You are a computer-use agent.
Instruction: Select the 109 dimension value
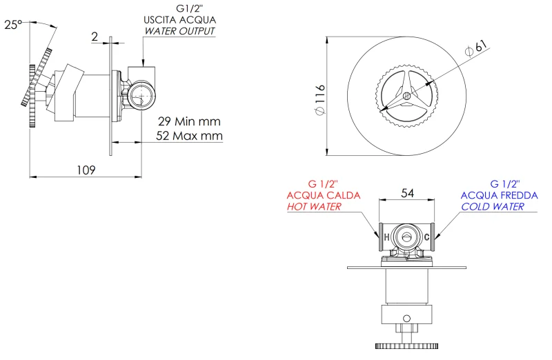85,169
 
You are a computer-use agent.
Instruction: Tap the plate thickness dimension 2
95,37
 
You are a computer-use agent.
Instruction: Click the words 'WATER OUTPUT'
179,31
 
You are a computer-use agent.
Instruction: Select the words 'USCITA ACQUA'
178,20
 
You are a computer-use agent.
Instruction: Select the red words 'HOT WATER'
314,207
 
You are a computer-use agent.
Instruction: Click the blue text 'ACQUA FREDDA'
498,196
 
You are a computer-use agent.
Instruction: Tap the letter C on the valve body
427,238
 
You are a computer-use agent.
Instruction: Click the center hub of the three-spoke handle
406,95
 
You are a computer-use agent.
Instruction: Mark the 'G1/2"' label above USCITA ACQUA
179,9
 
